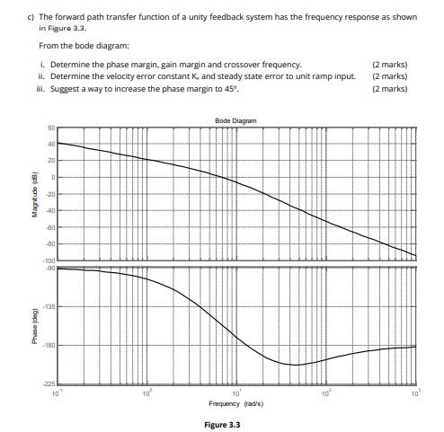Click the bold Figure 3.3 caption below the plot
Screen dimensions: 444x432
(222, 423)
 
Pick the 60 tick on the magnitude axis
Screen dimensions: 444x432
(50, 128)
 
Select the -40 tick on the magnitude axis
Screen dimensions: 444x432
(50, 211)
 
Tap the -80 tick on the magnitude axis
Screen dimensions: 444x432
(50, 244)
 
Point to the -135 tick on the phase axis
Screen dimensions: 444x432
(49, 307)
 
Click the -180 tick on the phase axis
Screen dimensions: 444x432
(49, 346)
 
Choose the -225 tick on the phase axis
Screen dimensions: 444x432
(49, 384)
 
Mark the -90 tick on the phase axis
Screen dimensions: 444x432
(50, 268)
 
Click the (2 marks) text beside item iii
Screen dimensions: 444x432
(389, 89)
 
